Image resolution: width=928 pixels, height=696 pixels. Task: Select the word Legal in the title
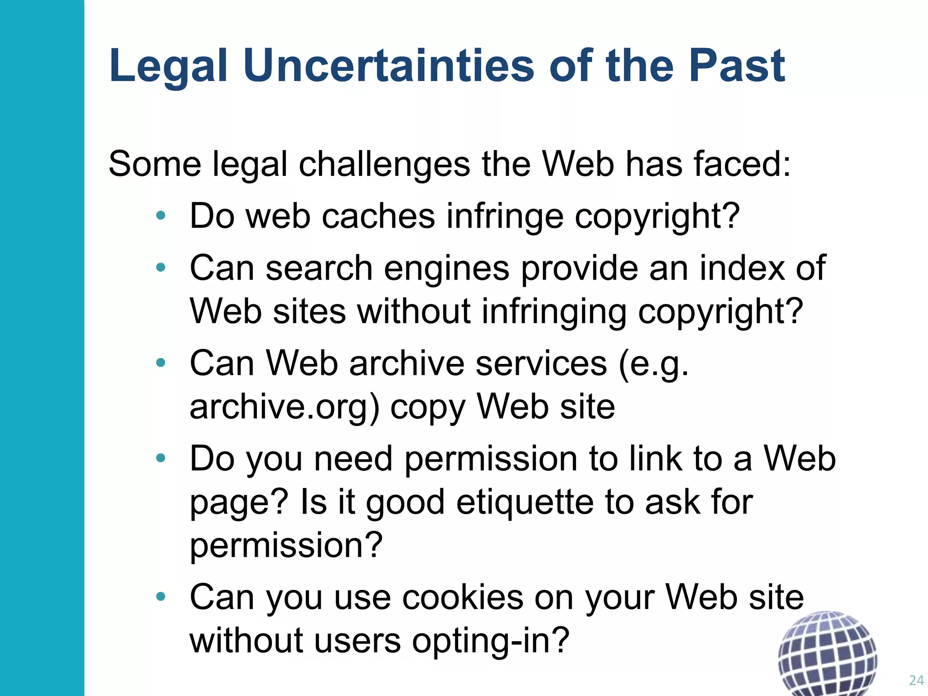pyautogui.click(x=168, y=67)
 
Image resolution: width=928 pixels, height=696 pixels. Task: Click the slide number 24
pyautogui.click(x=916, y=680)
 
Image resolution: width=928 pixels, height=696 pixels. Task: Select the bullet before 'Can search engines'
pyautogui.click(x=160, y=268)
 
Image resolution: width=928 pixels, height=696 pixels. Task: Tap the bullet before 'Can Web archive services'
pyautogui.click(x=160, y=363)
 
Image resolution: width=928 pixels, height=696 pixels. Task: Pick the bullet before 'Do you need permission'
pyautogui.click(x=160, y=458)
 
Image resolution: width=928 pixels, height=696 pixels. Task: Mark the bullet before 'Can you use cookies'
pyautogui.click(x=160, y=597)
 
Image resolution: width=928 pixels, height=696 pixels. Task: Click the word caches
pyautogui.click(x=378, y=216)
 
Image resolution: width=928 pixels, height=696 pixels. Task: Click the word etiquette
pyautogui.click(x=524, y=503)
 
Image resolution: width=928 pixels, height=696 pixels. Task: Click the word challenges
pyautogui.click(x=384, y=164)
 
